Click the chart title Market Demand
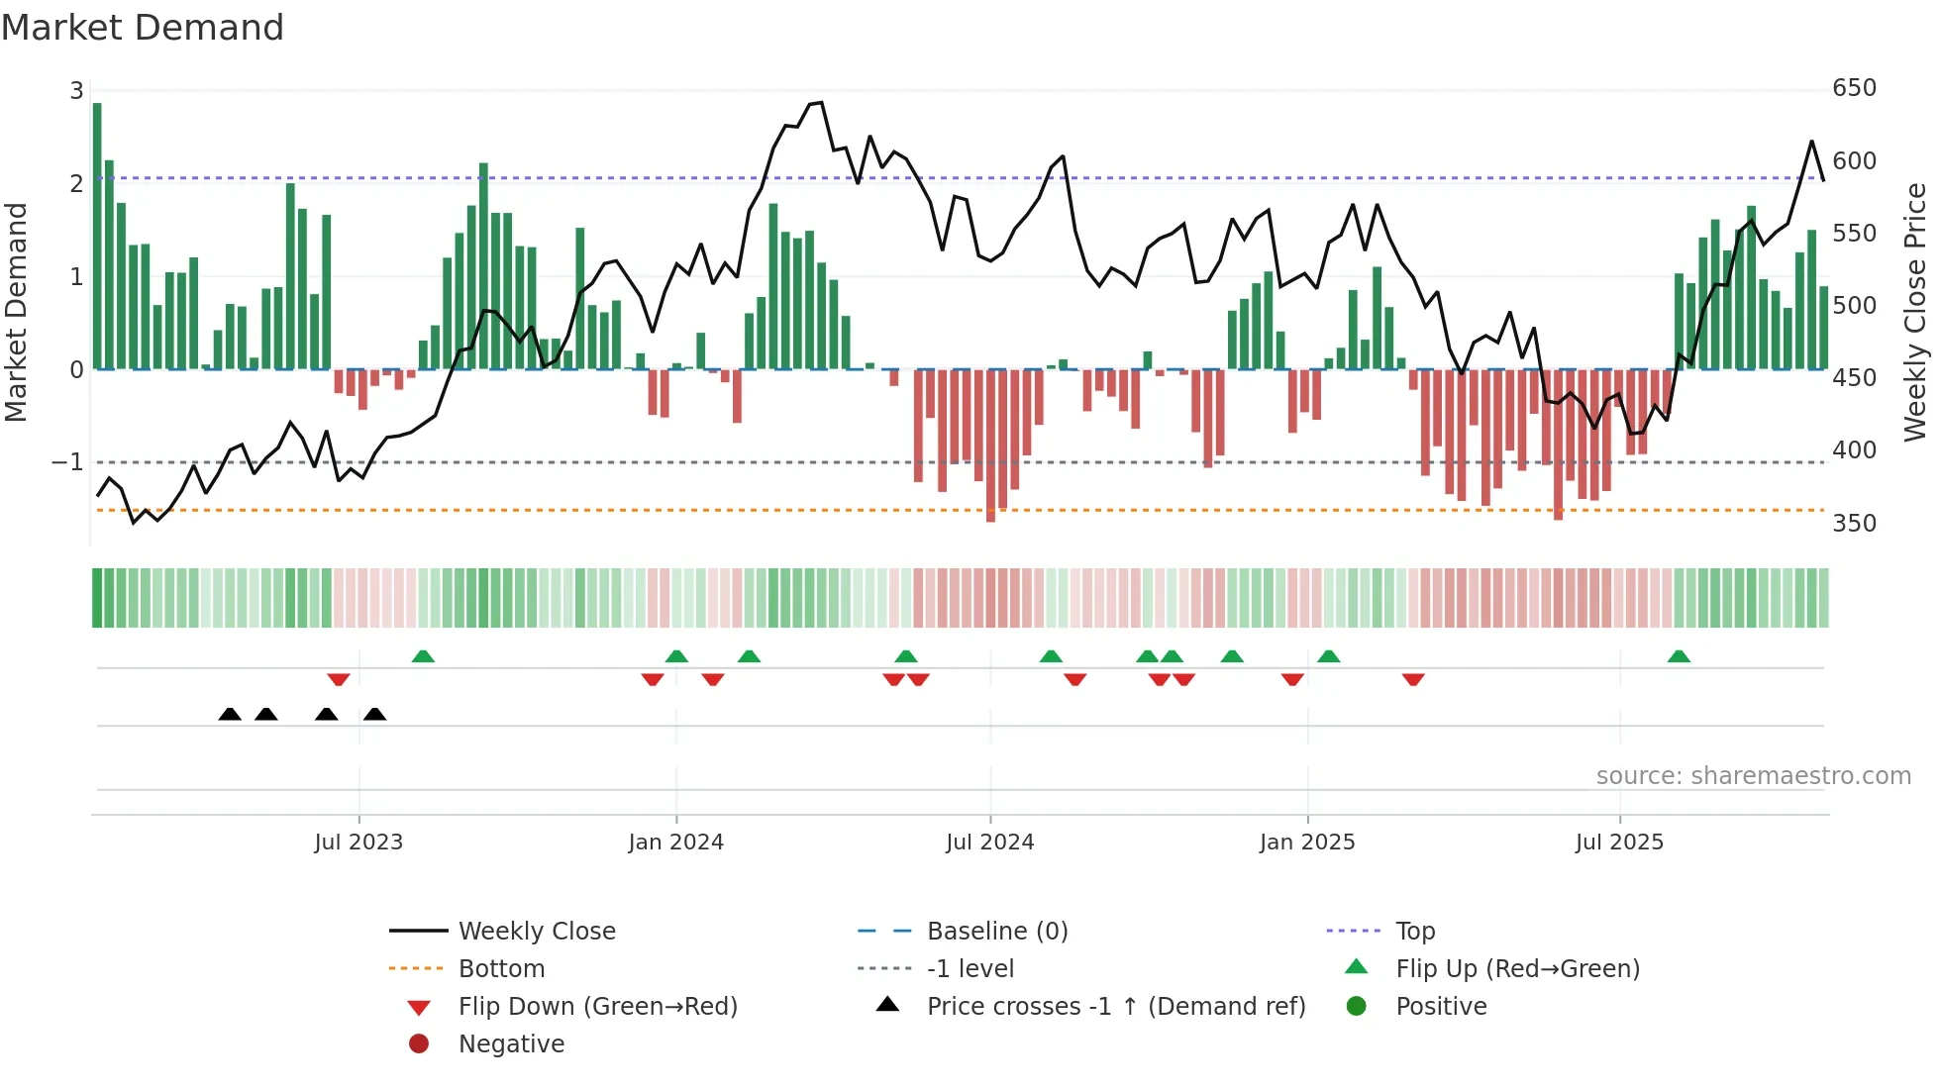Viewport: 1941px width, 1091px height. coord(143,28)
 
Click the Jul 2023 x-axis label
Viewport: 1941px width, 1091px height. coord(358,843)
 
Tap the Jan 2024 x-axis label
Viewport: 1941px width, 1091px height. coord(675,843)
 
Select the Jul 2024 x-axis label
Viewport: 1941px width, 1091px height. coord(989,843)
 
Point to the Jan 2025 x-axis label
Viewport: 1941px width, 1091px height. coord(1307,843)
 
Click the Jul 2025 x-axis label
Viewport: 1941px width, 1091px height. coord(1619,843)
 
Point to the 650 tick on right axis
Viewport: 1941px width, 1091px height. coord(1854,88)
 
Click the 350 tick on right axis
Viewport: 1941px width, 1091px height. coord(1854,523)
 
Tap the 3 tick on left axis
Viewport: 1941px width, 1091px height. coord(76,91)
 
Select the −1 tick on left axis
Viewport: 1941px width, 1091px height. coord(67,462)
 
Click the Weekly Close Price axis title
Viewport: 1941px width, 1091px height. coord(1915,312)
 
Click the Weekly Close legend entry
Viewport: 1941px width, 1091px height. coord(536,931)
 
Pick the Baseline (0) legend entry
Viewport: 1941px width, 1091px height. coord(996,931)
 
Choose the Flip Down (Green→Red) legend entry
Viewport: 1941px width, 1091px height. coord(597,1007)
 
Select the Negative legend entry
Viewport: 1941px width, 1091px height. coord(511,1044)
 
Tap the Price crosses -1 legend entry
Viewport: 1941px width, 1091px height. coord(1115,1007)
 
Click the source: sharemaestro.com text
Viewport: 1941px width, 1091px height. coord(1753,776)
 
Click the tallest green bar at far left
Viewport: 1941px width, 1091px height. coord(97,236)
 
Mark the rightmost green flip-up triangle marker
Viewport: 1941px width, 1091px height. coord(1679,656)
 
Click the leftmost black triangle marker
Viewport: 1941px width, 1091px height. coord(230,714)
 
